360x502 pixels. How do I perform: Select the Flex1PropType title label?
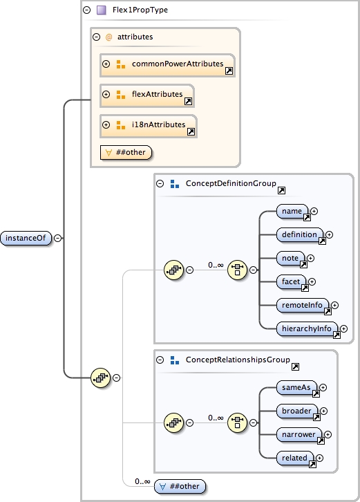pos(141,10)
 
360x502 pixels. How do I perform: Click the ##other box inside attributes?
pos(126,152)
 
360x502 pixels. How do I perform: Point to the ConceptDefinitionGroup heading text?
pos(230,183)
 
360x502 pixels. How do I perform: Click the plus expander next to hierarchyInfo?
pos(343,329)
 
